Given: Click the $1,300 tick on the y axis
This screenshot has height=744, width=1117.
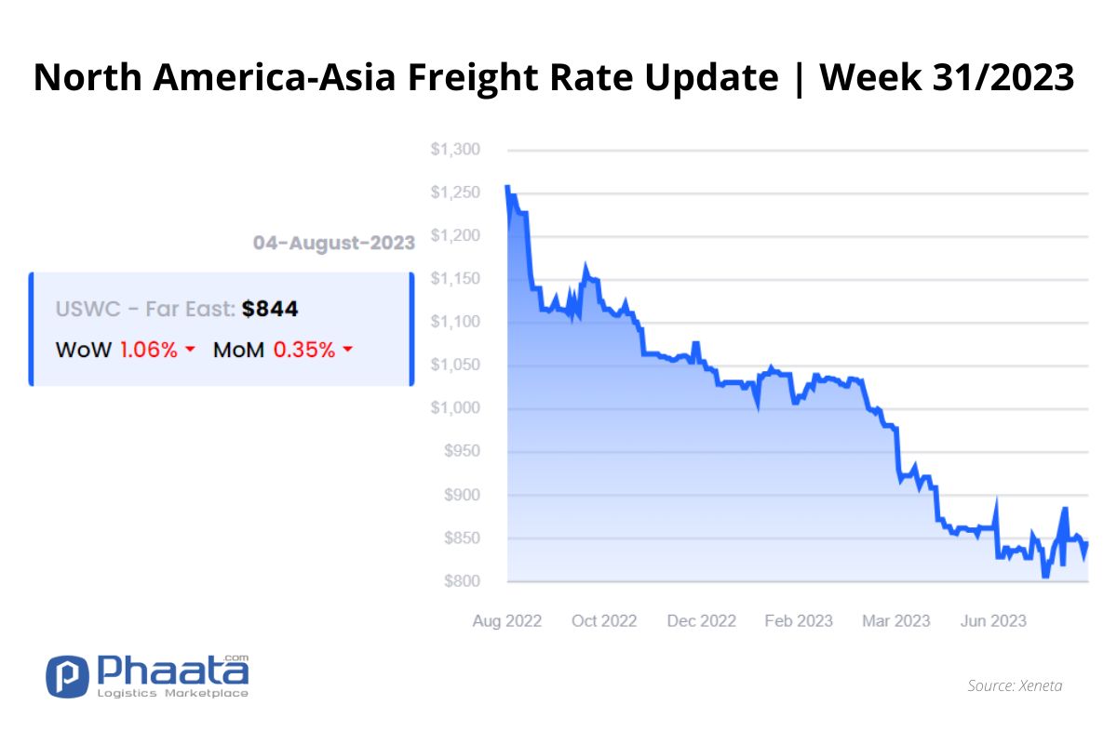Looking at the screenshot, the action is [455, 150].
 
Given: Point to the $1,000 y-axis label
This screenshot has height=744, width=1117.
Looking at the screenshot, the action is [455, 408].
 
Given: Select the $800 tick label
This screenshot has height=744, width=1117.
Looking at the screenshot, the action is [463, 581].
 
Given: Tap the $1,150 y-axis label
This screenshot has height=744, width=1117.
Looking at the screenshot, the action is [455, 279].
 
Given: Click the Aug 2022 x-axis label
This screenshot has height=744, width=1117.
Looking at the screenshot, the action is [507, 621].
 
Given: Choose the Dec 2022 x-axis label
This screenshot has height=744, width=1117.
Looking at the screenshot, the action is [702, 621].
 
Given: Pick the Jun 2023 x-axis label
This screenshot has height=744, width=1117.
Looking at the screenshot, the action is [993, 621].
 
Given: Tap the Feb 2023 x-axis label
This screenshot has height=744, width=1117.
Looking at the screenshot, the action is [799, 621].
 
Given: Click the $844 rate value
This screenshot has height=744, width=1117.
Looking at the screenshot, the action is [270, 309].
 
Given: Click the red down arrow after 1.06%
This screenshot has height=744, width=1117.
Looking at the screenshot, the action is [190, 350].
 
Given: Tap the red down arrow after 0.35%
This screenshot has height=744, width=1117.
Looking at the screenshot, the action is [348, 350].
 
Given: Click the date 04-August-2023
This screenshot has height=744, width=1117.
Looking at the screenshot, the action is [333, 243].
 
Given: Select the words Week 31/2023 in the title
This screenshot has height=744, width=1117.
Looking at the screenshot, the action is [947, 77].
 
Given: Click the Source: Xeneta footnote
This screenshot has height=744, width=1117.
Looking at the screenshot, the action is [1015, 685].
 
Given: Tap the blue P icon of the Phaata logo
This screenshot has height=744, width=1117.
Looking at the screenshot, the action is [67, 676].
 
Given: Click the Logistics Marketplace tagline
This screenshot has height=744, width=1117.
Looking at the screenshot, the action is [172, 693].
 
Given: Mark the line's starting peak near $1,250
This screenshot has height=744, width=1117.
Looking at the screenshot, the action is [507, 187].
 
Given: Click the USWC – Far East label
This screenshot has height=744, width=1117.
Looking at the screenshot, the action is [145, 309].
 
